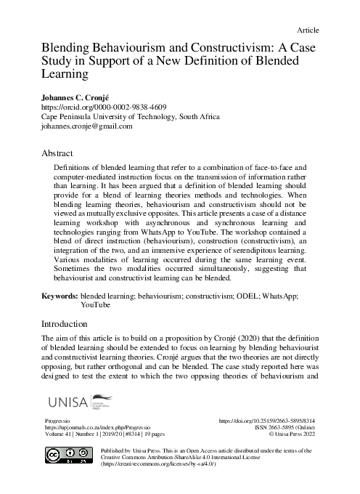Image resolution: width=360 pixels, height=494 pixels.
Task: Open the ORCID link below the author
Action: click(x=101, y=106)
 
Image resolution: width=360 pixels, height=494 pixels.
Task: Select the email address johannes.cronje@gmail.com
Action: click(x=86, y=126)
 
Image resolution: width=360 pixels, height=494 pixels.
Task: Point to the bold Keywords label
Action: click(x=60, y=297)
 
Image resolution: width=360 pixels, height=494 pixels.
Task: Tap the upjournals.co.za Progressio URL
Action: click(x=94, y=429)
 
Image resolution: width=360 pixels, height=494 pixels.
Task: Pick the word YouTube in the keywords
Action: click(x=96, y=307)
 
